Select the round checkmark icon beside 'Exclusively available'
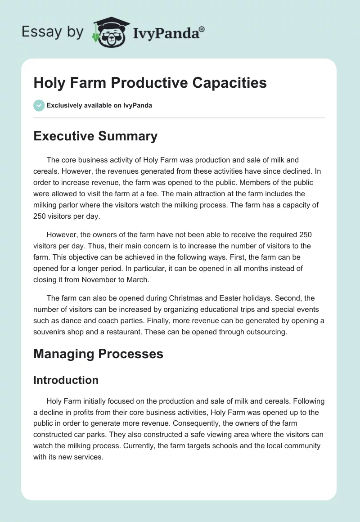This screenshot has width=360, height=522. pos(39,105)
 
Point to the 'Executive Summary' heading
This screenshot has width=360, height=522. pos(95,136)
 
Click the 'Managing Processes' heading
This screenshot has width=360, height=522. pos(98,354)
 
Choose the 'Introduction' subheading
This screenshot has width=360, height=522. pos(66,380)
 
